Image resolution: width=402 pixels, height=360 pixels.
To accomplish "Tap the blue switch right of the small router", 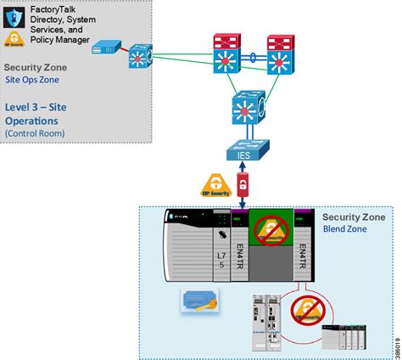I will (x=140, y=55).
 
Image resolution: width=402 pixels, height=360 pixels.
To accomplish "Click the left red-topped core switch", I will (x=229, y=55).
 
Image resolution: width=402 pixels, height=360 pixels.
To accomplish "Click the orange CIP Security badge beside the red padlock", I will (x=216, y=186).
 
